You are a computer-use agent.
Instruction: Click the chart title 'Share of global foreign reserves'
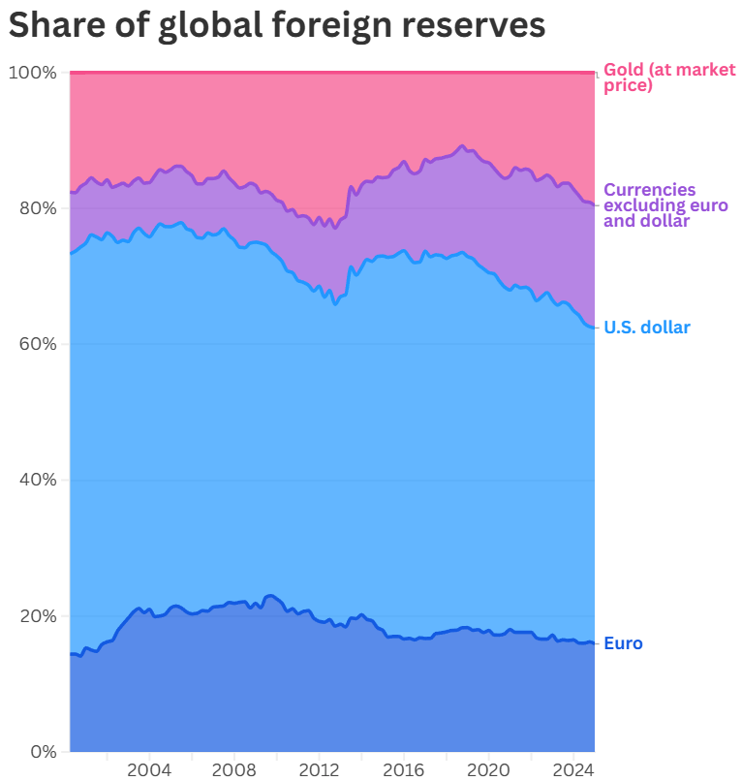click(x=277, y=26)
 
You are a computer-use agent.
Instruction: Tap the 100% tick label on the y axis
click(x=32, y=73)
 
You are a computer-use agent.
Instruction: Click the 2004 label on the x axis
click(x=149, y=769)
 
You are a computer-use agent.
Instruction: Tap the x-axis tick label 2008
click(x=233, y=769)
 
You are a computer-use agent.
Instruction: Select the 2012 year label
click(x=319, y=769)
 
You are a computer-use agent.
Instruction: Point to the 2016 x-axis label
click(x=403, y=769)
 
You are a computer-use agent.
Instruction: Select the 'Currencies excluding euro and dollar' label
click(x=665, y=205)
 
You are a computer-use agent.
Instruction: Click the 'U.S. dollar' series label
click(x=647, y=328)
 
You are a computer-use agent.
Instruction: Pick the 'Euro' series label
click(x=623, y=643)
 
